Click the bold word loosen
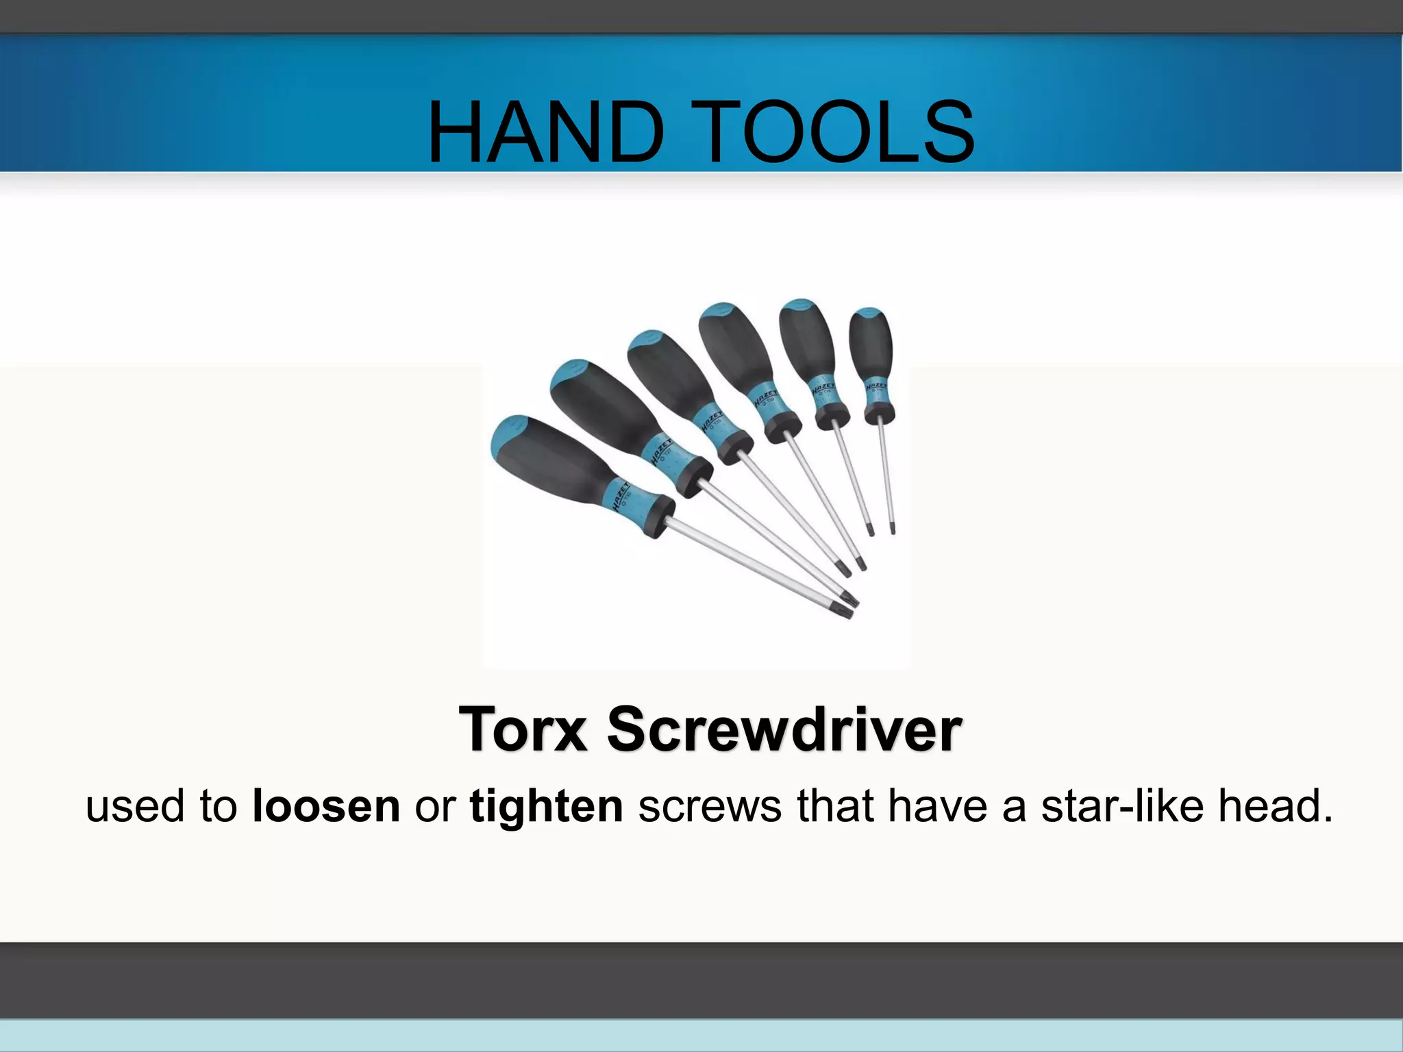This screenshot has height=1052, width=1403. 326,806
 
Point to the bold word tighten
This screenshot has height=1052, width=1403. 546,806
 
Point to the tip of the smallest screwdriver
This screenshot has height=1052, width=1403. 893,528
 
